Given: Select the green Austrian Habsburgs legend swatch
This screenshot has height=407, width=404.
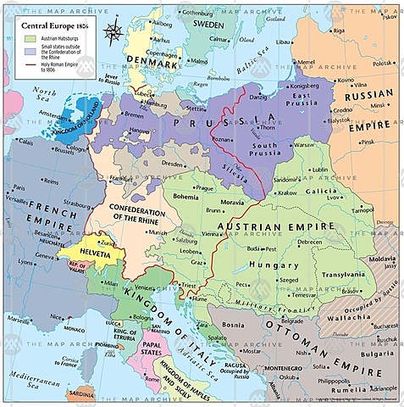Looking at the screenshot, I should [x=29, y=38].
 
